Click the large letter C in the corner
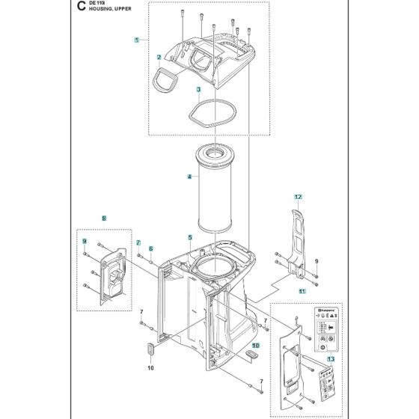(81, 10)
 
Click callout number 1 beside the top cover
(136, 39)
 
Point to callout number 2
(159, 57)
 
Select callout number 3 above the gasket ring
(177, 89)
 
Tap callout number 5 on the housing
(190, 237)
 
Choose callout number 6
(150, 248)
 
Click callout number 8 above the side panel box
(104, 217)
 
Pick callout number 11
(302, 290)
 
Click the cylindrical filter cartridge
(215, 187)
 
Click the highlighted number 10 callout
(255, 346)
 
